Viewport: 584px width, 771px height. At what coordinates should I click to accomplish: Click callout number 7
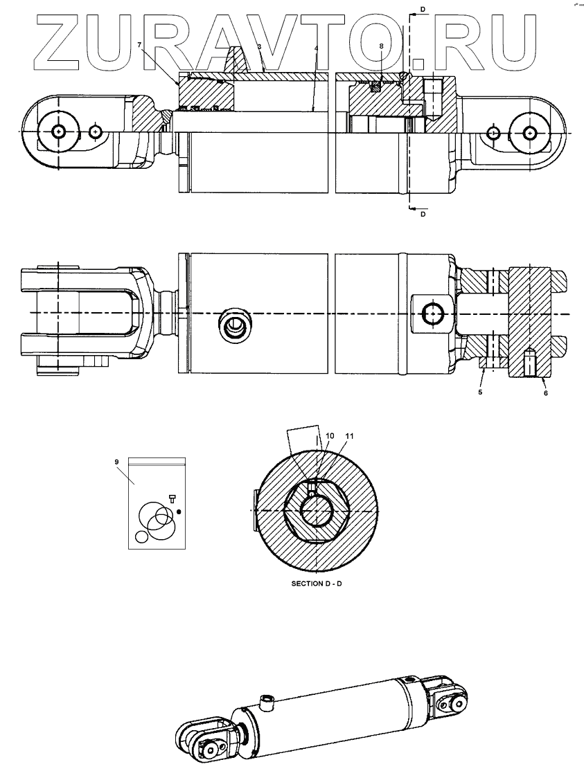click(x=139, y=44)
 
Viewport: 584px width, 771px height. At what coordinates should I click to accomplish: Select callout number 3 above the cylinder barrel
click(x=259, y=46)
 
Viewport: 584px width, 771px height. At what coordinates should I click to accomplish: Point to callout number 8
click(x=381, y=46)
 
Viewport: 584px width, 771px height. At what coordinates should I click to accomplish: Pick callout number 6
click(x=545, y=392)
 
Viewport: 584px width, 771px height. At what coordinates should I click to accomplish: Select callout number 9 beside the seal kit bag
click(x=117, y=460)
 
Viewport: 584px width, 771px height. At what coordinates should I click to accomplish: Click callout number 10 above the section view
click(x=330, y=436)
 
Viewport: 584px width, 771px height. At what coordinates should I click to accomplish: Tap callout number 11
click(x=349, y=436)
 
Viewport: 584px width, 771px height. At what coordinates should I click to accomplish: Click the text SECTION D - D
click(x=317, y=583)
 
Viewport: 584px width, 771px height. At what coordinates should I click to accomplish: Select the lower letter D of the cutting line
click(x=423, y=215)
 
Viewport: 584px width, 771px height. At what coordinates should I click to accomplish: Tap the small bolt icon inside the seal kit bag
click(x=172, y=497)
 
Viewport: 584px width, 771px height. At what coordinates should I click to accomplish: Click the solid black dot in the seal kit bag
click(x=179, y=512)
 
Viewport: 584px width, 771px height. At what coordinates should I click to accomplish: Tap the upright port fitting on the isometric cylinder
click(x=268, y=703)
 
